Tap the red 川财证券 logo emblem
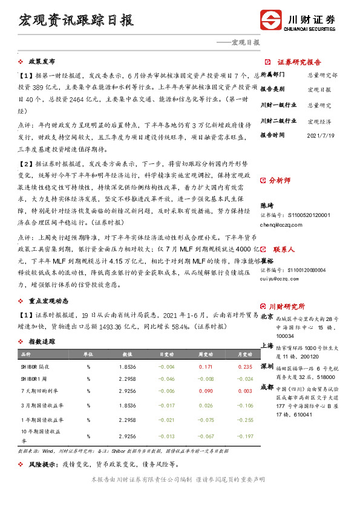(x=272, y=19)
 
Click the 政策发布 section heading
(x=42, y=62)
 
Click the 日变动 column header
(x=166, y=354)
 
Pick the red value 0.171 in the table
(x=206, y=366)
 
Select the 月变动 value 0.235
(x=244, y=366)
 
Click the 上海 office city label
(x=266, y=346)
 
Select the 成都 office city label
(x=266, y=386)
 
